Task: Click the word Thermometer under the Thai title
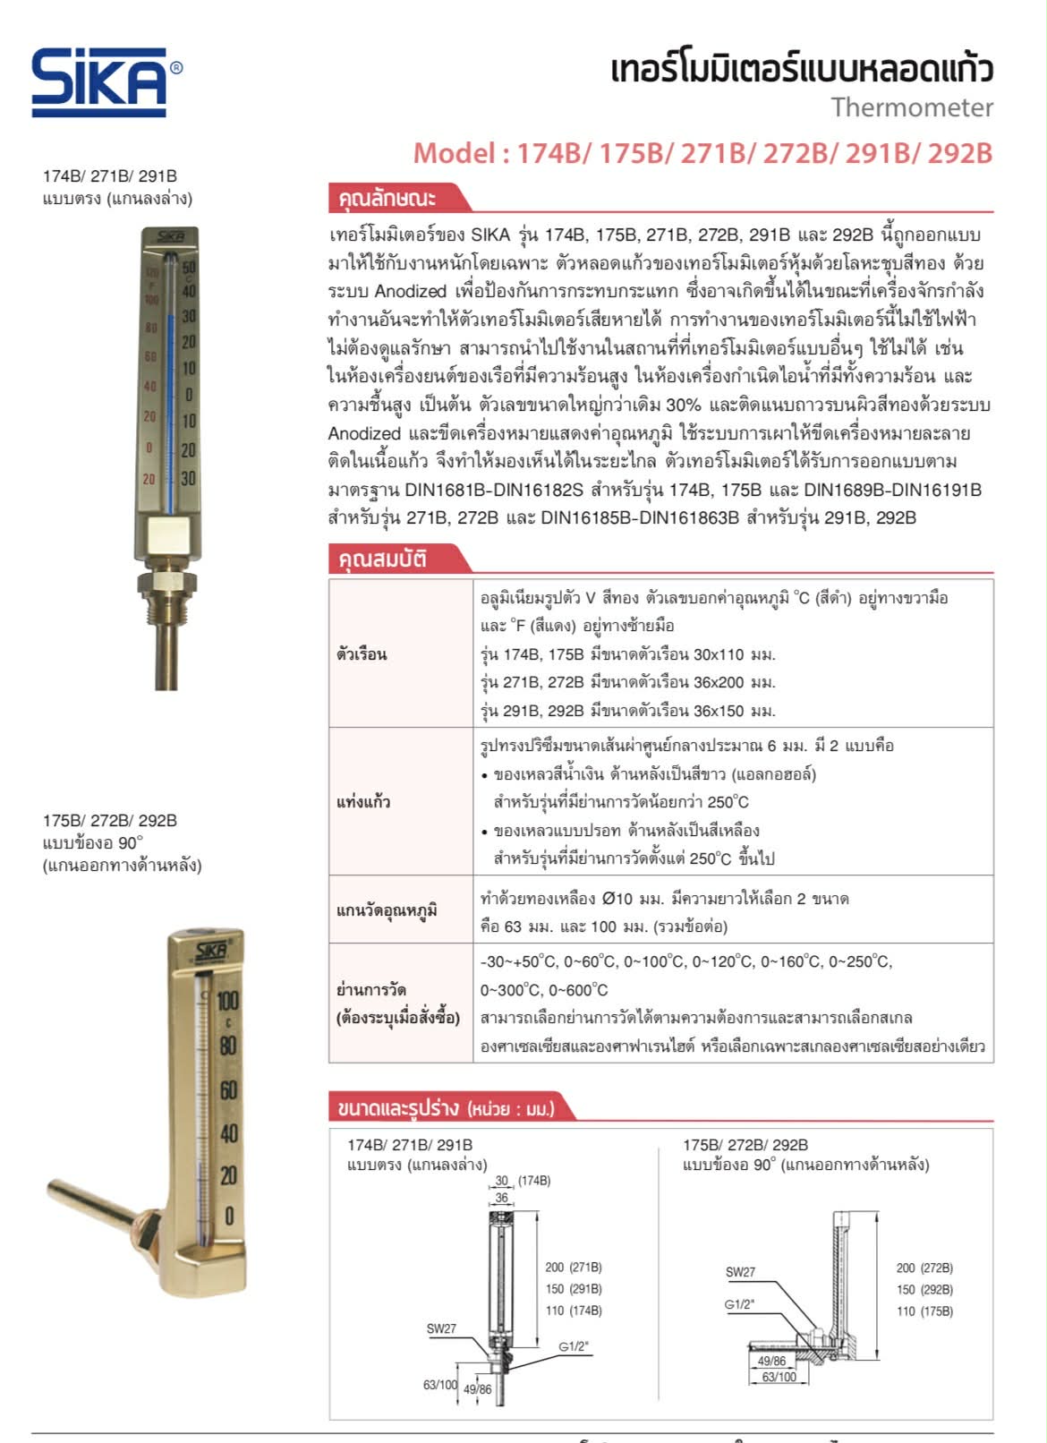coord(911,107)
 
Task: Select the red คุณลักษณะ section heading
coord(387,198)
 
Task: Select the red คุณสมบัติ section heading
coord(382,559)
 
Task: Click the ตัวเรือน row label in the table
coord(362,654)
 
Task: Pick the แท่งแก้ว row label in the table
coord(363,801)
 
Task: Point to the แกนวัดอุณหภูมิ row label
coord(387,910)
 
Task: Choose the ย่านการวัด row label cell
coord(398,1003)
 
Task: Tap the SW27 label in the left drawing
coord(441,1328)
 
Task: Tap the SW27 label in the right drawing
coord(740,1272)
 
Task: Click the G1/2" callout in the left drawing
coord(574,1346)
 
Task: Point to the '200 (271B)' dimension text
coord(574,1268)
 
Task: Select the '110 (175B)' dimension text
coord(924,1311)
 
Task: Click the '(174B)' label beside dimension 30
coord(534,1181)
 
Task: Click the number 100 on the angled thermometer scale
coord(228,1001)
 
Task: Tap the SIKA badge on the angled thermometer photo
coord(210,950)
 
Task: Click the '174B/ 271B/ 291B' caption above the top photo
coord(110,175)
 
